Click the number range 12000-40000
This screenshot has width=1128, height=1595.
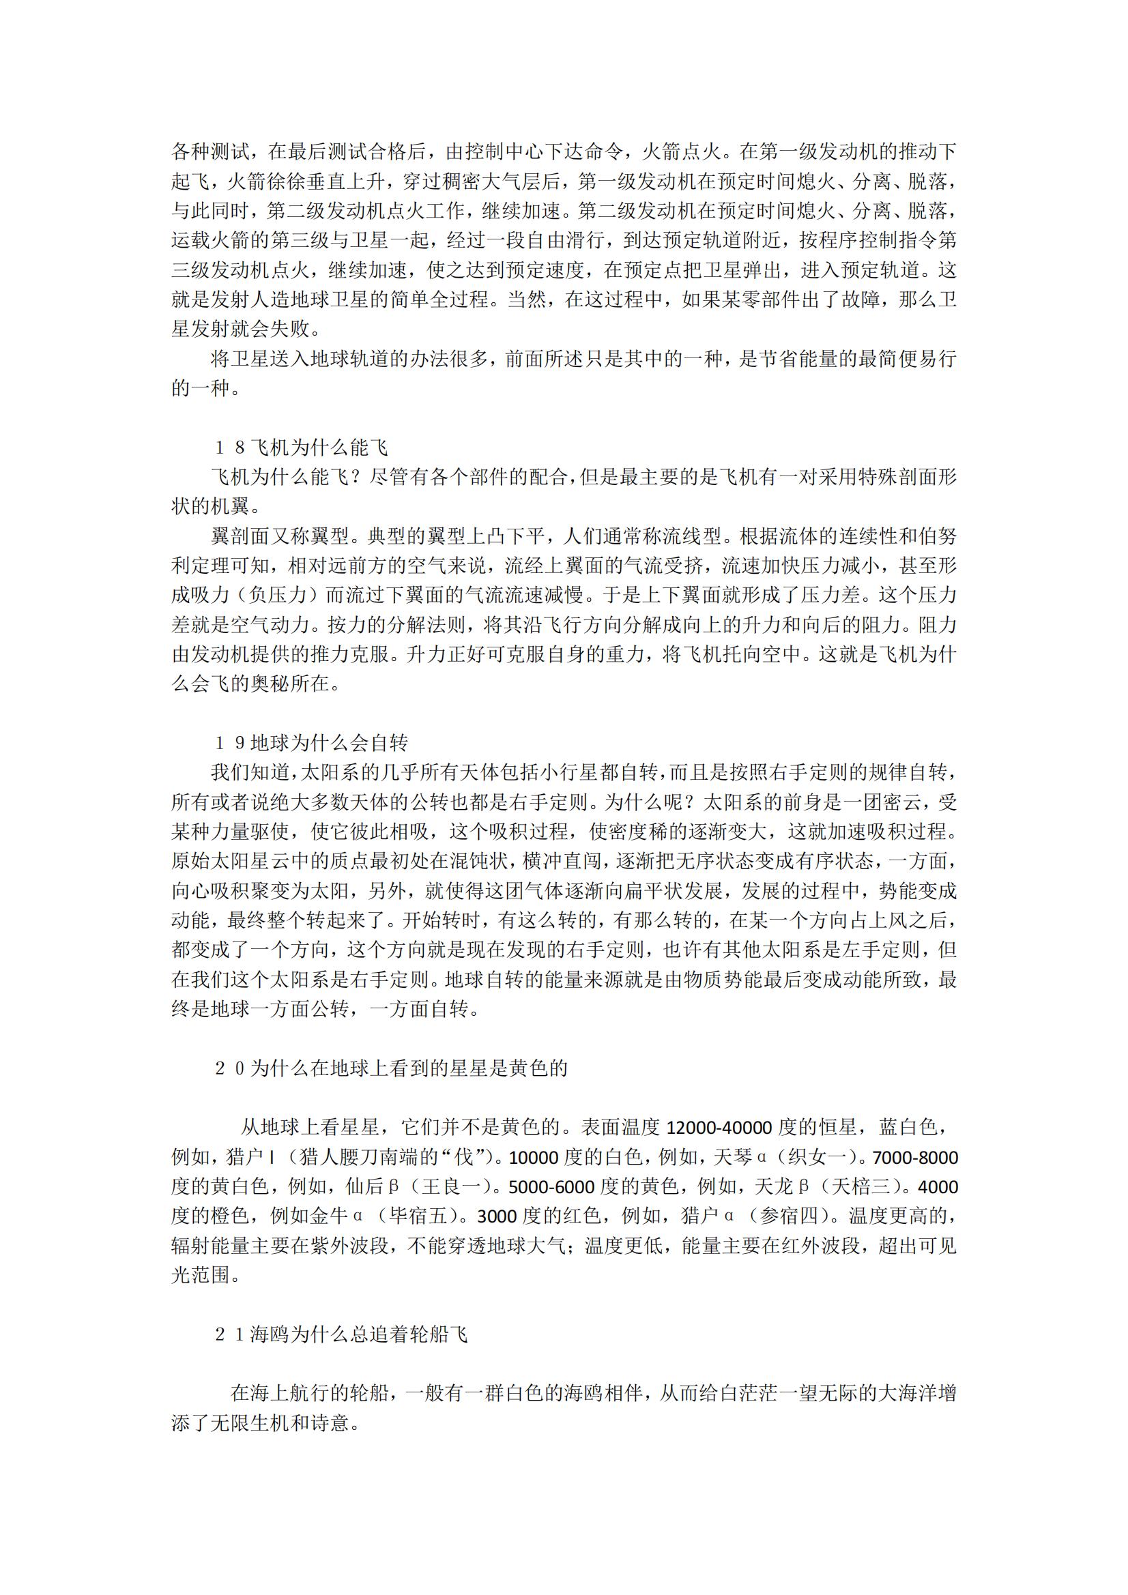[720, 1128]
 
